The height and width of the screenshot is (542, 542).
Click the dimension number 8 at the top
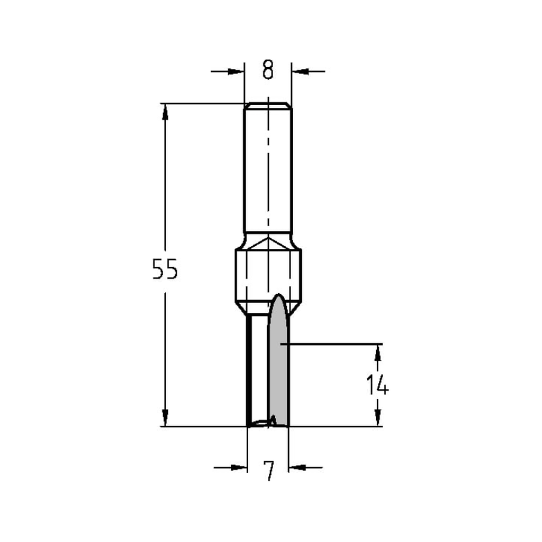pyautogui.click(x=268, y=70)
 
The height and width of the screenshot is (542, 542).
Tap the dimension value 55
pyautogui.click(x=165, y=269)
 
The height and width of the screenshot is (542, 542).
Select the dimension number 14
pyautogui.click(x=377, y=385)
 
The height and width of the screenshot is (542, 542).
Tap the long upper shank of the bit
pyautogui.click(x=268, y=168)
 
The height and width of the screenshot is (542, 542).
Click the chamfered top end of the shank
pyautogui.click(x=268, y=105)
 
